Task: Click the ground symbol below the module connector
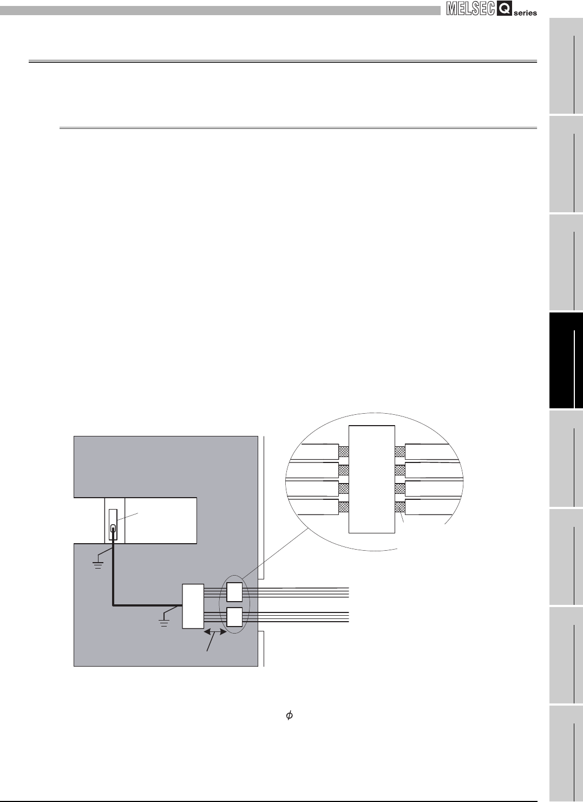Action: [98, 564]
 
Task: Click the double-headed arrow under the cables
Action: [215, 632]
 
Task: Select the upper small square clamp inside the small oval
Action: [234, 592]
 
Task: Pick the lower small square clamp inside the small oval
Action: [234, 617]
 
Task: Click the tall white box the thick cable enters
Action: [193, 606]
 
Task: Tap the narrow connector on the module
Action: [113, 525]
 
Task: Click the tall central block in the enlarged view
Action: [372, 479]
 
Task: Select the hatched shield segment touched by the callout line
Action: [400, 507]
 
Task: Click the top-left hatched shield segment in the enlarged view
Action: [344, 451]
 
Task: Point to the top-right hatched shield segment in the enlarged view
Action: [400, 451]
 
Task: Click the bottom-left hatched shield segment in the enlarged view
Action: [344, 507]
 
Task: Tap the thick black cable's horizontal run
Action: [146, 605]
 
